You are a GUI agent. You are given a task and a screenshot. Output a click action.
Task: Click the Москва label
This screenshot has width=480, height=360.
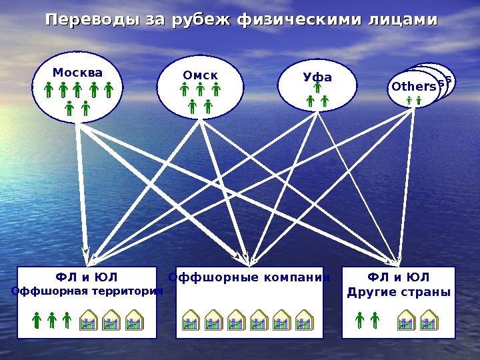[x=78, y=72]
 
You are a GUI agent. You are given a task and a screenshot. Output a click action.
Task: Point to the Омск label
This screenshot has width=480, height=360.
[x=201, y=75]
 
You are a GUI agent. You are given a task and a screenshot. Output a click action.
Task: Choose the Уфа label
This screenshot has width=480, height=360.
[x=317, y=77]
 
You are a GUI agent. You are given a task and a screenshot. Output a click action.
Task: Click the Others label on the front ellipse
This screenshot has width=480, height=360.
[x=413, y=87]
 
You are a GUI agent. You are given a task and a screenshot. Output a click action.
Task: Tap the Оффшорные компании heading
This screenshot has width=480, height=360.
[x=249, y=277]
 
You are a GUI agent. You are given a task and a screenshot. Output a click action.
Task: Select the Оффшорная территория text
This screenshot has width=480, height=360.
[x=87, y=291]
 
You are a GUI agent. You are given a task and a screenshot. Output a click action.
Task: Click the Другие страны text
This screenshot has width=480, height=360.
[x=399, y=292]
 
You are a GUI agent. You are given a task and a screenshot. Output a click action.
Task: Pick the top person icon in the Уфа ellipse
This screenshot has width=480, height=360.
[x=318, y=87]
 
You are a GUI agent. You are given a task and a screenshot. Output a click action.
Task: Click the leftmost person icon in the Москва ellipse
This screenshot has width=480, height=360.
[x=48, y=90]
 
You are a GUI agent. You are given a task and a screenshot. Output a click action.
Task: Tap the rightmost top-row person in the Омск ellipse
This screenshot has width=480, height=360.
[x=216, y=90]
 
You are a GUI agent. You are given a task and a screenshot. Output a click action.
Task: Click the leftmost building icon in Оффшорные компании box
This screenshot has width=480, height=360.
[x=191, y=321]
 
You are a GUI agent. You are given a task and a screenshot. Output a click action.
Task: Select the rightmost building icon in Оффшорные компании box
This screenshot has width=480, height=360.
[x=305, y=321]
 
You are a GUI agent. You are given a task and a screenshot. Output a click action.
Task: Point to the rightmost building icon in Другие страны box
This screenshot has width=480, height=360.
[x=427, y=321]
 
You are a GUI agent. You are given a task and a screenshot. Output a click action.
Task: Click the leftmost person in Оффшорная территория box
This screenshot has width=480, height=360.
[x=37, y=321]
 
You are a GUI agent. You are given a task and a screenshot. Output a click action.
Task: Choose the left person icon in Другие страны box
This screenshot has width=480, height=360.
[x=360, y=321]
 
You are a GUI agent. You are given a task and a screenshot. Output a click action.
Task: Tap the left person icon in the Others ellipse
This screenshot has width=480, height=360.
[x=409, y=101]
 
